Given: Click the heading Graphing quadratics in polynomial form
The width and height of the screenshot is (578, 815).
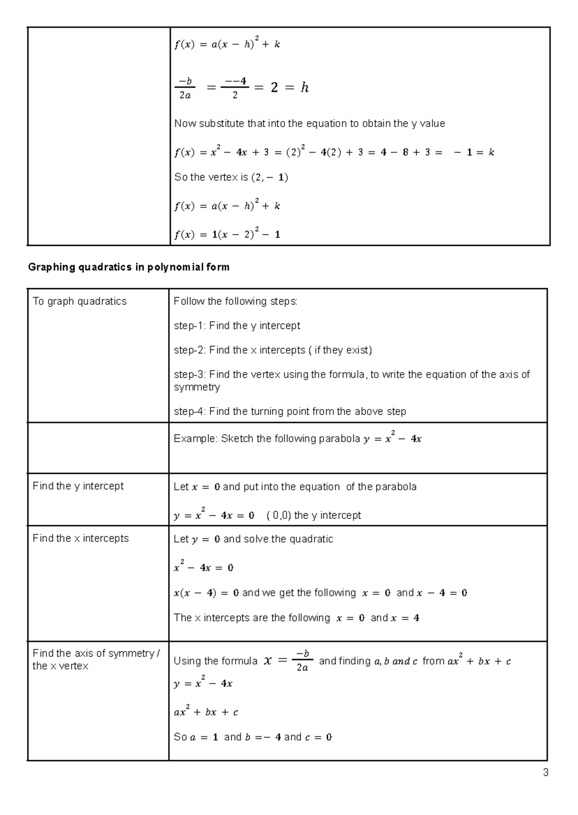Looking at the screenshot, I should coord(129,267).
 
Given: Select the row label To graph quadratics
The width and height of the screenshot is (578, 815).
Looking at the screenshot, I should coord(79,302).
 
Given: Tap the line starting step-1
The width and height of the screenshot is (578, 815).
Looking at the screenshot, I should coord(236,326).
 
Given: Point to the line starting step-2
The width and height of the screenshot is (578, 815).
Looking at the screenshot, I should coord(273,350).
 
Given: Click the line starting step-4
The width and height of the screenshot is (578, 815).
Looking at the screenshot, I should coord(289,411).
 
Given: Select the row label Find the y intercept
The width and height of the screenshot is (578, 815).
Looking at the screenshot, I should coord(78,486).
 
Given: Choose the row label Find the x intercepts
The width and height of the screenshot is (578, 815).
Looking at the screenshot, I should coord(80,538).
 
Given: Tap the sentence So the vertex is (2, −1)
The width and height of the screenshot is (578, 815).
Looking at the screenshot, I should coord(231,178).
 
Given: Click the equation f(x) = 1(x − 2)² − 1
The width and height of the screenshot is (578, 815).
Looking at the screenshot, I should coord(227,235).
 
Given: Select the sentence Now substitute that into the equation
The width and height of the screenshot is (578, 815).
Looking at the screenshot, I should coord(309,124).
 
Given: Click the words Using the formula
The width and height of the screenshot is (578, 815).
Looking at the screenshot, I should coord(215,661).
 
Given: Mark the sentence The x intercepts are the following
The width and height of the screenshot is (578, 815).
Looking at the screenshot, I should coord(251,618).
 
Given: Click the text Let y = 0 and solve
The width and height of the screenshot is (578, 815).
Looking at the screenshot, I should coord(253,539).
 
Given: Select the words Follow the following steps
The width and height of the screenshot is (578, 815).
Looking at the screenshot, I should coord(236,302).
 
